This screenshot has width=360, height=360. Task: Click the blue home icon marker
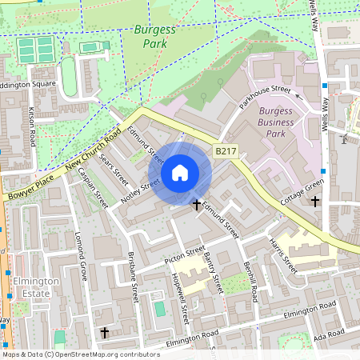180,173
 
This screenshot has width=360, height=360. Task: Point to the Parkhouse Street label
265,98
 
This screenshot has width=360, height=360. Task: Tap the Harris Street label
283,255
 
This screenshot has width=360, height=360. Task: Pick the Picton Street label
185,255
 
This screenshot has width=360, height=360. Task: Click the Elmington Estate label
34,287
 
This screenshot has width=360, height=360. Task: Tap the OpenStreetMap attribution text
81,354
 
